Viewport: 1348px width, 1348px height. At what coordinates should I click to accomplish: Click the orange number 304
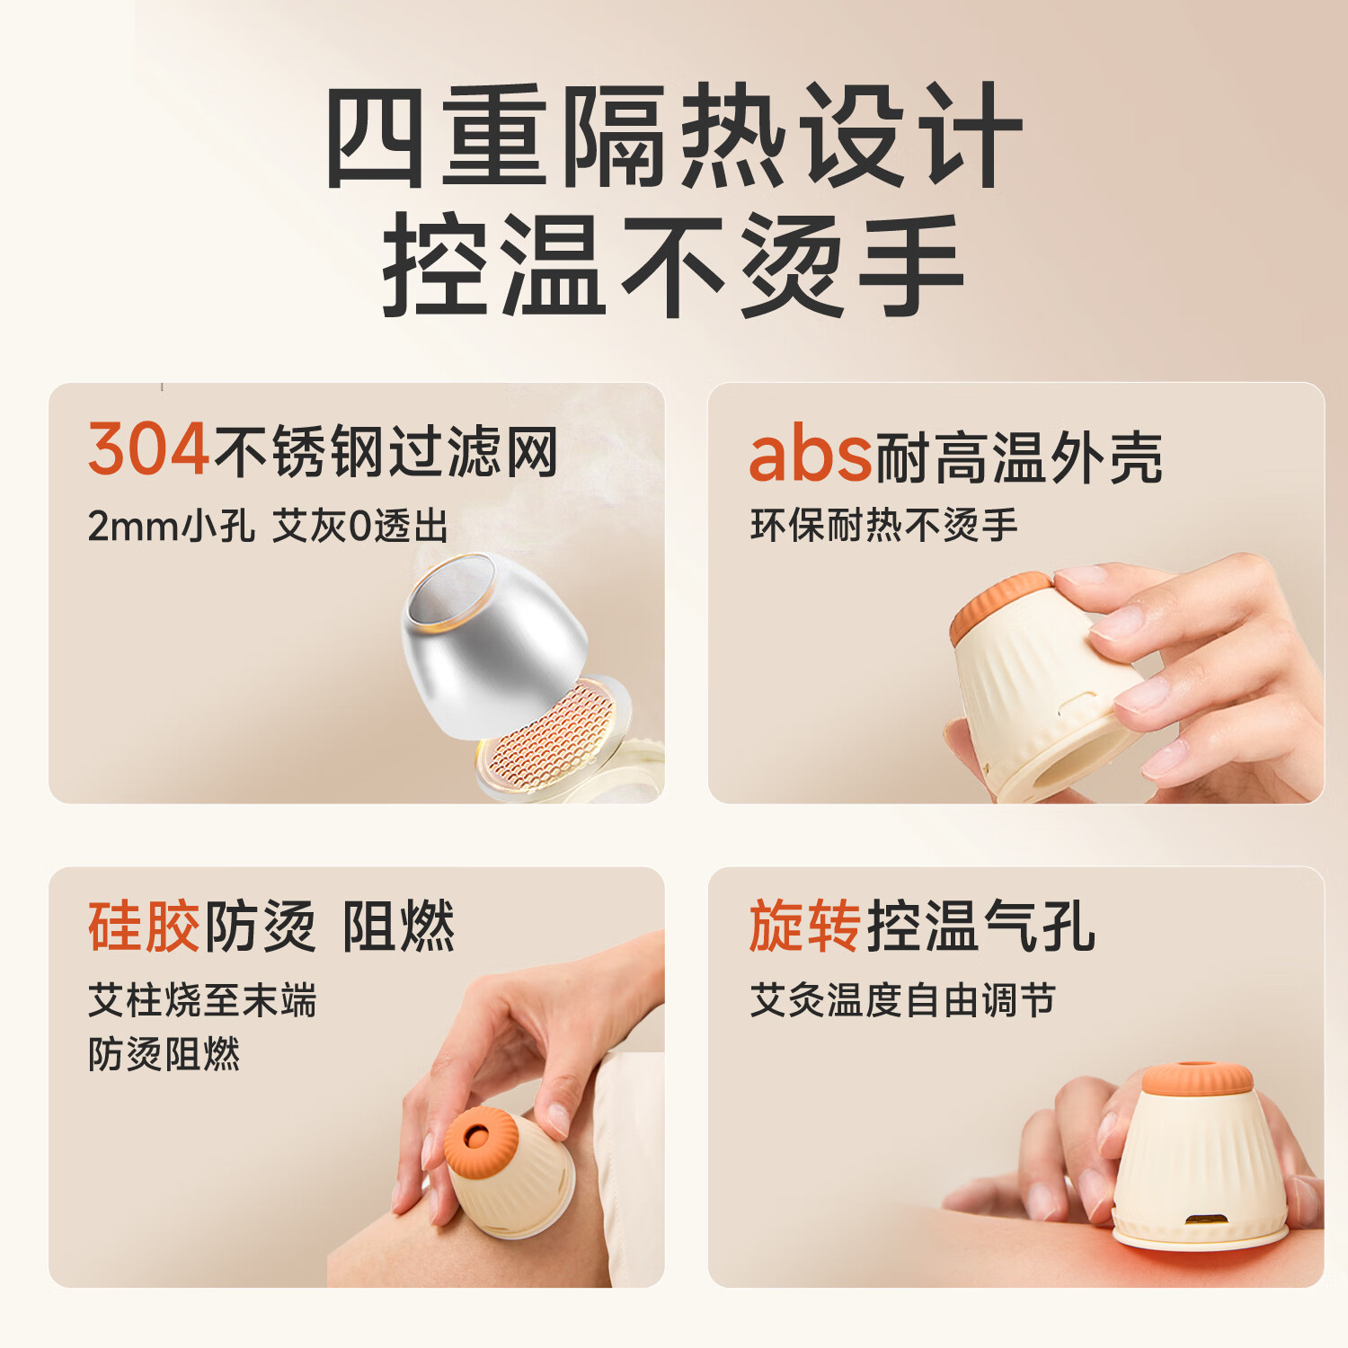pyautogui.click(x=149, y=450)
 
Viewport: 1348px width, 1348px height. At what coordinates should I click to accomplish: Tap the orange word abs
pyautogui.click(x=811, y=455)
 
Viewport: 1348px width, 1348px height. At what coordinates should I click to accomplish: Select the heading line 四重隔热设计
pyautogui.click(x=674, y=136)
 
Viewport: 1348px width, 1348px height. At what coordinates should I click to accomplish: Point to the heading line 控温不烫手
pyautogui.click(x=674, y=265)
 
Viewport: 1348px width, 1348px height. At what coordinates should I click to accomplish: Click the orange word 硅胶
pyautogui.click(x=144, y=926)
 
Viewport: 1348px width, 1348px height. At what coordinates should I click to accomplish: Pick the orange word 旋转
pyautogui.click(x=805, y=926)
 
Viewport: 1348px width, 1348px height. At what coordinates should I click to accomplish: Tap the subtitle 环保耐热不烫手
pyautogui.click(x=884, y=526)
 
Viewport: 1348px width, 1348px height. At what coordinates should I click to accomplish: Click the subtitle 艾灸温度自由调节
pyautogui.click(x=902, y=1000)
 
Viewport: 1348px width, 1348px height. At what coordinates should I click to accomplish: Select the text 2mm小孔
pyautogui.click(x=171, y=527)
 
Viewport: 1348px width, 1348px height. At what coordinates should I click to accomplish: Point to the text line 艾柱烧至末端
pyautogui.click(x=202, y=1000)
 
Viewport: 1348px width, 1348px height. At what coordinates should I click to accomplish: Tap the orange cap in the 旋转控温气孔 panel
pyautogui.click(x=1197, y=1078)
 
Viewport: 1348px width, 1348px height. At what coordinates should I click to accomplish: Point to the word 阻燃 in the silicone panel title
pyautogui.click(x=399, y=926)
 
